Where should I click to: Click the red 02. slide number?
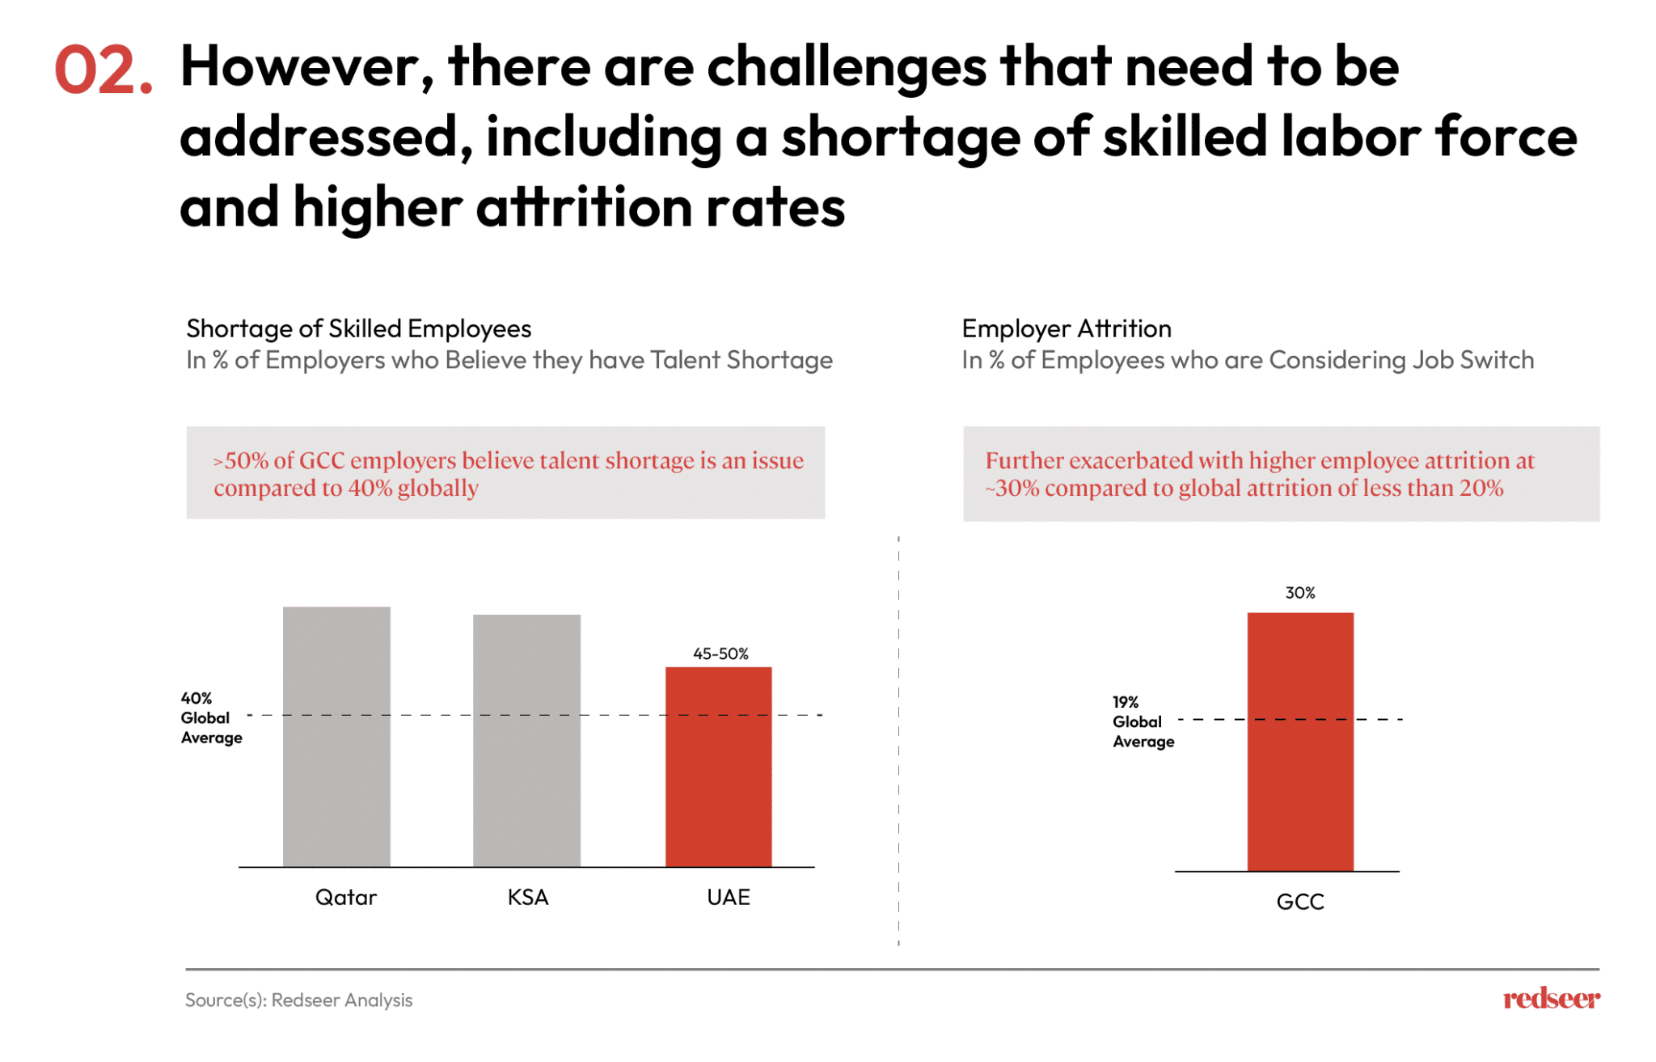[x=103, y=71]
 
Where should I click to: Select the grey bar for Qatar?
[x=336, y=736]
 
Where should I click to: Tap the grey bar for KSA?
[x=526, y=740]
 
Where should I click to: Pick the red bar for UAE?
[x=718, y=767]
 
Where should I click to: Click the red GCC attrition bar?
[x=1299, y=741]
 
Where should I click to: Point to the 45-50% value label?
[x=720, y=654]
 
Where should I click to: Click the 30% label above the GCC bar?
[x=1299, y=593]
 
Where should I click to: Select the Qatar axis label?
[x=346, y=897]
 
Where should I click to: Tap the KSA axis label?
[x=528, y=897]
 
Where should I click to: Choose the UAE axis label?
[x=728, y=897]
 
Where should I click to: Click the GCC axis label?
[x=1299, y=902]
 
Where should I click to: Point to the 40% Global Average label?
[x=211, y=717]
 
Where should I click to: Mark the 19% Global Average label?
[x=1143, y=721]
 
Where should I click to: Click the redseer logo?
[x=1551, y=999]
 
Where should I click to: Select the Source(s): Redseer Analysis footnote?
[x=298, y=1000]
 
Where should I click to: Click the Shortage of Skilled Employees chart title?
[x=358, y=328]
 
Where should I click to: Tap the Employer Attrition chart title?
[x=1066, y=328]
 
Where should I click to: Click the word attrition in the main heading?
[x=584, y=207]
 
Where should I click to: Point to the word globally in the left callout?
[x=437, y=488]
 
